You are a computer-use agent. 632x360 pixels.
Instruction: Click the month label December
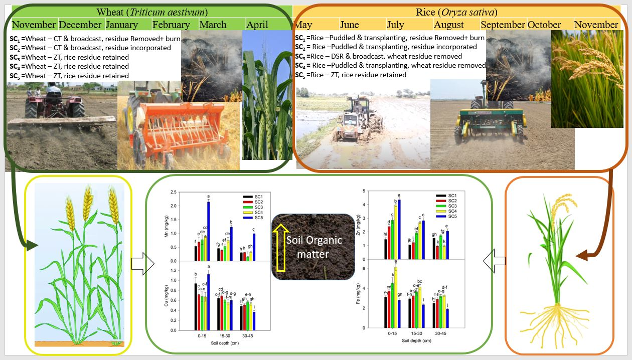click(x=81, y=25)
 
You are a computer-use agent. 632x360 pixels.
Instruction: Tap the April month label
click(x=257, y=25)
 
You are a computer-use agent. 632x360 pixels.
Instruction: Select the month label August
click(x=449, y=25)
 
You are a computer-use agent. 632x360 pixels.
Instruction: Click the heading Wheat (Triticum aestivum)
click(x=152, y=12)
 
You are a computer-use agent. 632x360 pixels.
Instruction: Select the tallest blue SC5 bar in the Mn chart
click(x=208, y=231)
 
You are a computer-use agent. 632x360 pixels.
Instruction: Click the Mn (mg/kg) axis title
click(x=173, y=226)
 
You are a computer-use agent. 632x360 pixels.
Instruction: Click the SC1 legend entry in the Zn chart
click(x=447, y=196)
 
